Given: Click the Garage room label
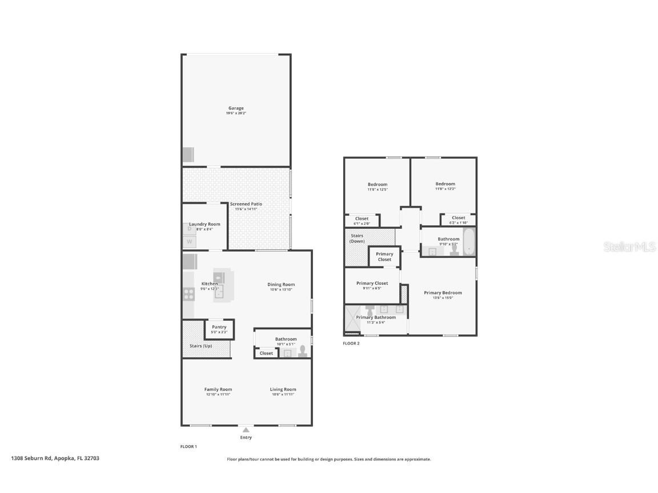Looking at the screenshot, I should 236,108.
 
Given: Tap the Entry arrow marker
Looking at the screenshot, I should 246,430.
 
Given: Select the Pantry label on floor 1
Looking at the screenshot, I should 219,327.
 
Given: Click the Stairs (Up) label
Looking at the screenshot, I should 200,346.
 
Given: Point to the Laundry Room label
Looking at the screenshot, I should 204,224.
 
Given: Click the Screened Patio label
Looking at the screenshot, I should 246,204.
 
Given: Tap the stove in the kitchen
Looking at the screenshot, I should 188,294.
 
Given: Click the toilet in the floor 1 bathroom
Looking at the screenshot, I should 303,351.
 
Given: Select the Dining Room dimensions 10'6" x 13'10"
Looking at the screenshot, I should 282,290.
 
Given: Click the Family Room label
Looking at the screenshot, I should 218,389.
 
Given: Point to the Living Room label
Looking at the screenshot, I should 283,389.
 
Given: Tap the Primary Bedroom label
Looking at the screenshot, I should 443,293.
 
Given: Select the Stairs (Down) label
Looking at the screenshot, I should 357,238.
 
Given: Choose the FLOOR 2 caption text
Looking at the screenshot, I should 351,344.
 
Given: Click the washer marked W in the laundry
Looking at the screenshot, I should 189,242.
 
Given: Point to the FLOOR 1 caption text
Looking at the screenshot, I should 188,447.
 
